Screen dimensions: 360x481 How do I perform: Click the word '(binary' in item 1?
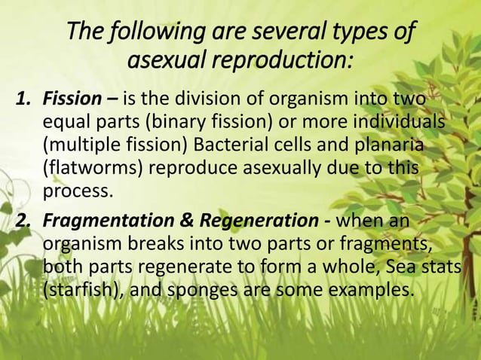(201, 122)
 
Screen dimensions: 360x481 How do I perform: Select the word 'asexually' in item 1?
(289, 167)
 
